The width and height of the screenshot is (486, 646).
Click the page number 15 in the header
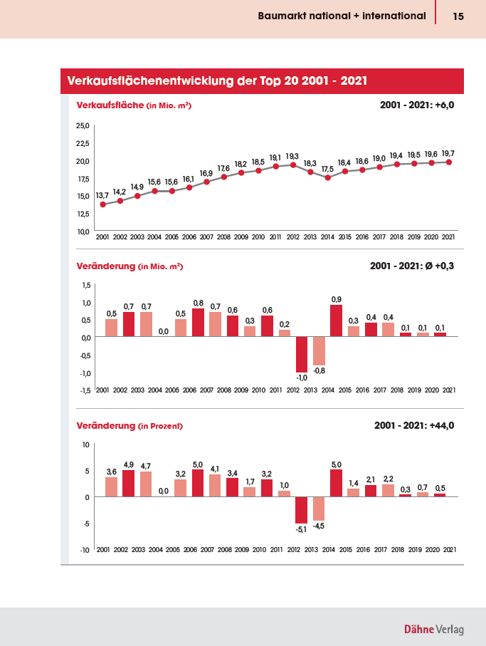click(x=458, y=16)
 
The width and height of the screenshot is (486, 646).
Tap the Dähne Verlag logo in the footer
click(x=434, y=629)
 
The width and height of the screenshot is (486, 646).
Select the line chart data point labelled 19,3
click(x=293, y=165)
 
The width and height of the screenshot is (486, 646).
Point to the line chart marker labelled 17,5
click(x=327, y=177)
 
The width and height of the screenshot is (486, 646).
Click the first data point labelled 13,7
click(x=103, y=204)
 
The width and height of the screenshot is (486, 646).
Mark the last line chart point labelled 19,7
click(x=448, y=162)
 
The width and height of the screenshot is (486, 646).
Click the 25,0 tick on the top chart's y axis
click(x=83, y=125)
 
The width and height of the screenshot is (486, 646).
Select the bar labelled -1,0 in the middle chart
click(x=302, y=354)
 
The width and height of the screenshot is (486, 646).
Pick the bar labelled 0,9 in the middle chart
click(x=336, y=321)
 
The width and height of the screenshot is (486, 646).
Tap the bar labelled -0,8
click(x=319, y=351)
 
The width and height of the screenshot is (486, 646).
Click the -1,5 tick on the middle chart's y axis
click(x=85, y=390)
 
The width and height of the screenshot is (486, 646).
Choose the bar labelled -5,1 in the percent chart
click(x=301, y=510)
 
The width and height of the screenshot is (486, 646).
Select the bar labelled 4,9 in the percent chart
click(x=128, y=484)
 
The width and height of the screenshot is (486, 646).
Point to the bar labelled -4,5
click(x=319, y=509)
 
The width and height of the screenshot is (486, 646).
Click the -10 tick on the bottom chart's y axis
click(x=85, y=550)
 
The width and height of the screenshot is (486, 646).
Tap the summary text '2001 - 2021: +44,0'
click(x=414, y=425)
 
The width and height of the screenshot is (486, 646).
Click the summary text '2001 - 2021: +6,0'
click(x=417, y=105)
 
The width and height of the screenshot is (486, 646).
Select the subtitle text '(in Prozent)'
click(x=161, y=426)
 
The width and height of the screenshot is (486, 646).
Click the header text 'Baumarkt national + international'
click(x=342, y=16)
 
